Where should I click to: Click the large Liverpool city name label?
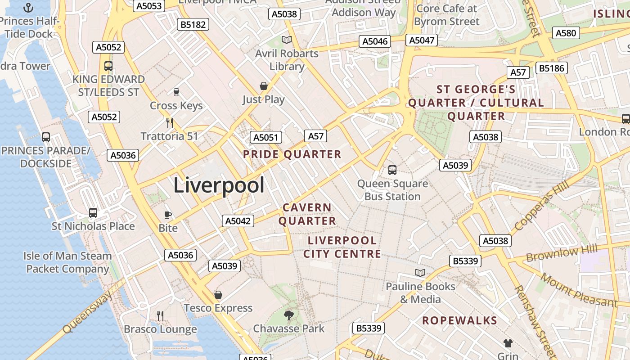219,185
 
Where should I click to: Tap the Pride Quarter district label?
292,154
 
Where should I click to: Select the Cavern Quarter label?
307,214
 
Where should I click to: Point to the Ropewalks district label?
459,320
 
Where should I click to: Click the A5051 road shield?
265,137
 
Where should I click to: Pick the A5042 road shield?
238,221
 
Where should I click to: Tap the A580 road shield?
566,33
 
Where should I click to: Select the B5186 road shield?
551,68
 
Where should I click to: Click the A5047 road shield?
422,40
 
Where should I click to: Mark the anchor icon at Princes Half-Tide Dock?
28,8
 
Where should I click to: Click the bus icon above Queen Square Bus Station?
392,170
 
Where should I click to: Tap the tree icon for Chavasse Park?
289,315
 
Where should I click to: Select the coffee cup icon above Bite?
168,215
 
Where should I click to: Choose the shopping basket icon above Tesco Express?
218,295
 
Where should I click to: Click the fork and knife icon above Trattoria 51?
170,122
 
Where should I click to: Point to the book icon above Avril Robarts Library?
287,40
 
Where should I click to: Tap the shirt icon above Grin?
508,343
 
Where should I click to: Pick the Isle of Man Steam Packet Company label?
67,262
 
